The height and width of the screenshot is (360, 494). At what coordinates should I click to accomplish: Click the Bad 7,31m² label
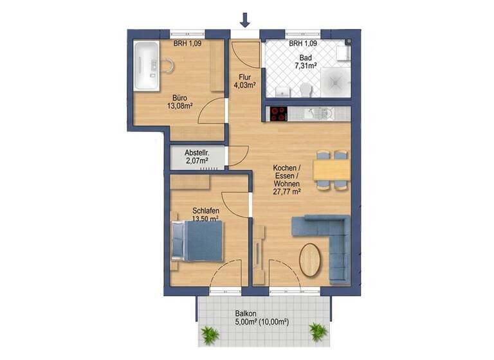pos(305,62)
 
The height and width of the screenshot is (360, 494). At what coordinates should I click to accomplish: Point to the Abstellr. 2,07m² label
pos(197,157)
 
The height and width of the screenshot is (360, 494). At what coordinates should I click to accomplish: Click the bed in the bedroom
pos(199,242)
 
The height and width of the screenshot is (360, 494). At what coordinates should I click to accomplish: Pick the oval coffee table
pos(311,258)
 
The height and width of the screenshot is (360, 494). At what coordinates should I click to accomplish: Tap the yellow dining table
pos(331,170)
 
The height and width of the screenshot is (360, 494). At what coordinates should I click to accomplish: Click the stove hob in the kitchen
pos(279,114)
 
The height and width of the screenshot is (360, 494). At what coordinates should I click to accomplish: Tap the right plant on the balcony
pos(318,331)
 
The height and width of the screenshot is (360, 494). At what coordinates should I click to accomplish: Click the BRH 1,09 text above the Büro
pos(187,44)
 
